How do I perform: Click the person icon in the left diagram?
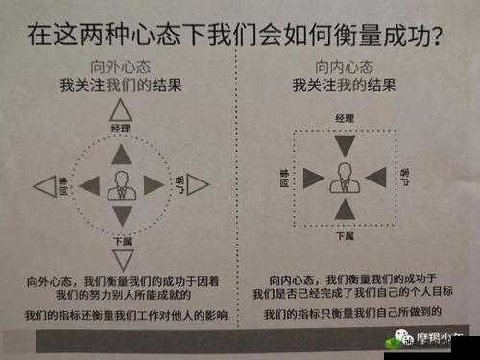(x=121, y=185)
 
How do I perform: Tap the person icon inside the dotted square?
(x=344, y=178)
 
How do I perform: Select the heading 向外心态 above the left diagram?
(x=121, y=69)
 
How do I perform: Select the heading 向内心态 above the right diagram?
(x=344, y=69)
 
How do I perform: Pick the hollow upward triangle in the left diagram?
(x=121, y=111)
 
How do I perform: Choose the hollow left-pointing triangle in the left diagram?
(x=44, y=185)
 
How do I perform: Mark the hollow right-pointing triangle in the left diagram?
(x=197, y=185)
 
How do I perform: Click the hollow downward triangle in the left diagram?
(x=122, y=257)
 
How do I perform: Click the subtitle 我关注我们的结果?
(x=121, y=85)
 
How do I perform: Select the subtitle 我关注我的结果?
(x=344, y=85)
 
